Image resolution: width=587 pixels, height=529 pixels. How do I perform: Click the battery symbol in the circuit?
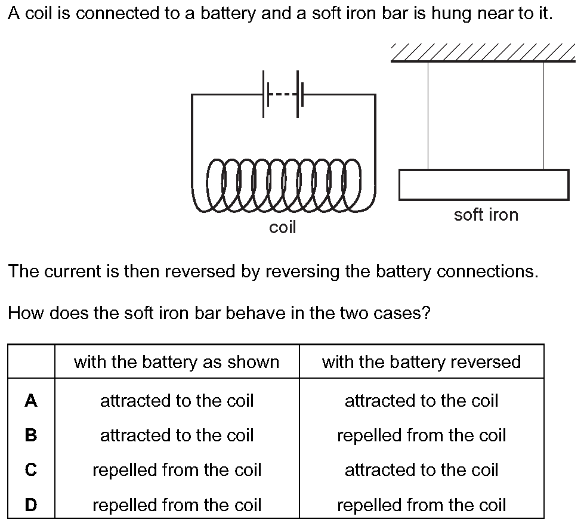point(283,94)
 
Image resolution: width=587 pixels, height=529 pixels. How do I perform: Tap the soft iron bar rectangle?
point(484,185)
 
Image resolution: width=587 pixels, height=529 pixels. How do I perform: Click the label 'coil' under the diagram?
point(283,227)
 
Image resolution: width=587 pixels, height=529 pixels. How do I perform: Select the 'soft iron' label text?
point(486,215)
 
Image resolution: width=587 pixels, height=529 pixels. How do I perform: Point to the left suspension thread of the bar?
point(428,115)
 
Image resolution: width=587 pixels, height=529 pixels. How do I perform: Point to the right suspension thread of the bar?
point(543,115)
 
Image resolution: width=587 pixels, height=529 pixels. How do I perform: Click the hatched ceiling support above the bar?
point(483,52)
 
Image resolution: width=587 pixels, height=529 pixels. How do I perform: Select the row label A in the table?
point(31,401)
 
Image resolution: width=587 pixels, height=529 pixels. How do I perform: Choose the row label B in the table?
point(31,435)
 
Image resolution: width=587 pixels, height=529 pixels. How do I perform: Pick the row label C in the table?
point(31,470)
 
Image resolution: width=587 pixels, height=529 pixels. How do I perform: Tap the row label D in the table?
point(31,505)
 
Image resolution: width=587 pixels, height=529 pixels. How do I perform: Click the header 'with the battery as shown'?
point(177,362)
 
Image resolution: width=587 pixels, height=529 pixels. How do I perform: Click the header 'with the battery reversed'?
point(422,362)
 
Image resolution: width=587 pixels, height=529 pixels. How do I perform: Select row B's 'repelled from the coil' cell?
point(422,435)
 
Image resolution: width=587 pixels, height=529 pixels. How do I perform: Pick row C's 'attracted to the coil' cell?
point(422,470)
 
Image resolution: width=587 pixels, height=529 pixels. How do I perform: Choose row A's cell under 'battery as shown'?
point(177,401)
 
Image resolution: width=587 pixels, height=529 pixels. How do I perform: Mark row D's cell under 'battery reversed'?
point(422,505)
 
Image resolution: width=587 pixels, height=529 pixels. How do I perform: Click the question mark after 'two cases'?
point(426,313)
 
